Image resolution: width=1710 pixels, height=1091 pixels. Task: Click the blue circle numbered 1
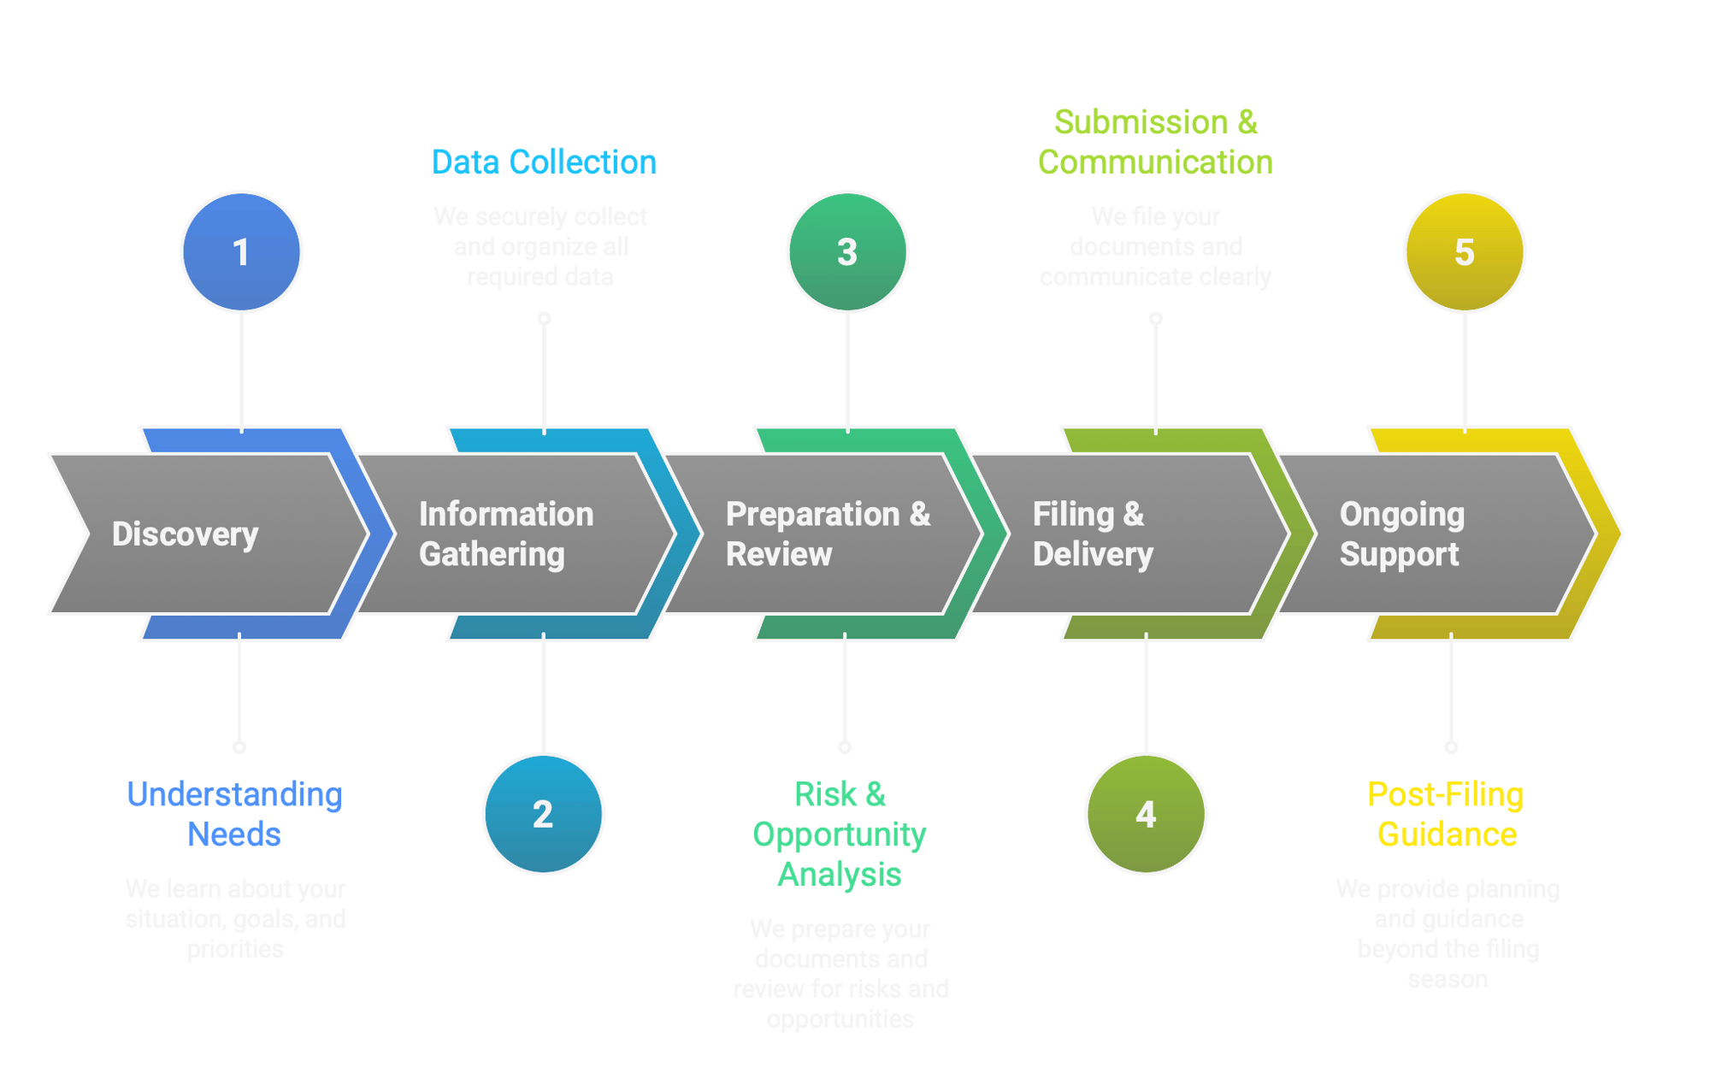(241, 251)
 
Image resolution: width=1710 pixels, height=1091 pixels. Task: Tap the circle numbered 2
(543, 813)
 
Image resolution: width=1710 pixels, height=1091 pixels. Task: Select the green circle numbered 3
(847, 251)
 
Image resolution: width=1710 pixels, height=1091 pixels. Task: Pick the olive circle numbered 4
(1146, 813)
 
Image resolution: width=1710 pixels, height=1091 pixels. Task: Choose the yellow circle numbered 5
(1465, 251)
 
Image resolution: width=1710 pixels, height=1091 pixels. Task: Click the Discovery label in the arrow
(185, 534)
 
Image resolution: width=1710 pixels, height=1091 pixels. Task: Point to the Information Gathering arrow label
(505, 534)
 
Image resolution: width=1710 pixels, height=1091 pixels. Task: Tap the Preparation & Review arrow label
(827, 534)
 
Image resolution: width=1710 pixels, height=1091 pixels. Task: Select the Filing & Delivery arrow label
(1092, 534)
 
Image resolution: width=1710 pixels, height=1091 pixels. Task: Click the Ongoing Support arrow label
(1401, 534)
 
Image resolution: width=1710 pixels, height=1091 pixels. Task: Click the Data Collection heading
(544, 162)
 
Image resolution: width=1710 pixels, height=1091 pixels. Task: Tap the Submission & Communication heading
(1155, 142)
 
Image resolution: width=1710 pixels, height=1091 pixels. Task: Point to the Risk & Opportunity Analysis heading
(840, 834)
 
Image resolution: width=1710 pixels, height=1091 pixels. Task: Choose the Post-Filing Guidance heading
(1446, 814)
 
